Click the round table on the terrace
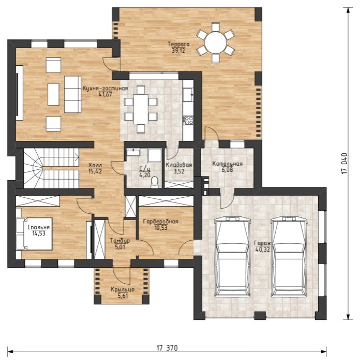tap(216, 42)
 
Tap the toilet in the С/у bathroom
tap(155, 182)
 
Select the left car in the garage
tap(233, 257)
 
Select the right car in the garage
tap(289, 257)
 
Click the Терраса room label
tap(178, 44)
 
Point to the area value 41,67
tap(105, 94)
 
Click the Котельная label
tap(227, 164)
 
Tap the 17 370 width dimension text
tap(167, 348)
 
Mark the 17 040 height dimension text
tap(344, 164)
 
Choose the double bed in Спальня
tap(34, 234)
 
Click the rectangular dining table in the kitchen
tap(141, 109)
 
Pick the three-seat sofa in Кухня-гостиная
tap(72, 94)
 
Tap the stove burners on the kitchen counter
tap(188, 120)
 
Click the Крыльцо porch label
tap(123, 290)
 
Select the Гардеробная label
tap(160, 221)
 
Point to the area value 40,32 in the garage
tap(263, 250)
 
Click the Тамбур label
tap(119, 241)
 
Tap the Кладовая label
tap(178, 165)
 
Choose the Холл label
tap(95, 165)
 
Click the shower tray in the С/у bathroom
tap(155, 155)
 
